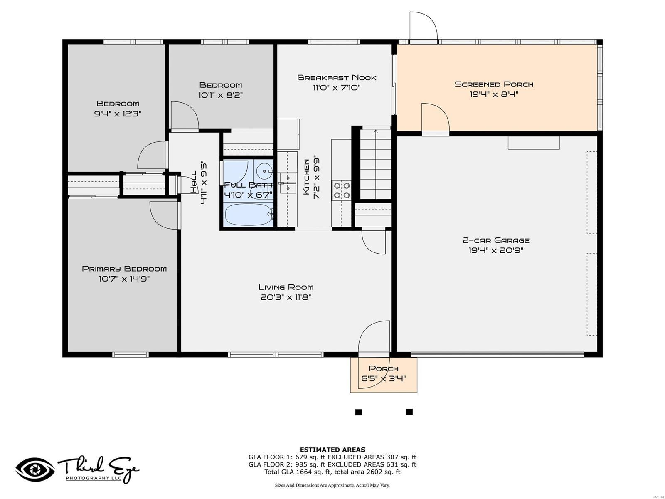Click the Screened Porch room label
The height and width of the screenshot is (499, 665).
(x=493, y=84)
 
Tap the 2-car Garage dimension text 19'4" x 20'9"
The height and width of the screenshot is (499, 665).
(x=496, y=250)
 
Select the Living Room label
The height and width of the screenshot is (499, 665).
(x=286, y=287)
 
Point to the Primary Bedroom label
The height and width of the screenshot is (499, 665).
(x=124, y=269)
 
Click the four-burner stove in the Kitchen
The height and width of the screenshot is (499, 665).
(x=342, y=190)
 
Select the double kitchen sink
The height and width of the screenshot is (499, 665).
(x=288, y=183)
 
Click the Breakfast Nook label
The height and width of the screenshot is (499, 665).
(x=337, y=78)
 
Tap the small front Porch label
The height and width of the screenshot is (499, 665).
(x=384, y=368)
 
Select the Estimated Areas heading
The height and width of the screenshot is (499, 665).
(x=332, y=450)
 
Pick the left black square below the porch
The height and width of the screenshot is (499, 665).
(x=359, y=412)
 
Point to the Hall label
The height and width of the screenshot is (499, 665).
(x=194, y=182)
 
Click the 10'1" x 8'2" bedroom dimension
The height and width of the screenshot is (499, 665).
(x=221, y=95)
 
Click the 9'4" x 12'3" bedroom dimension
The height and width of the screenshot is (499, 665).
(x=118, y=114)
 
